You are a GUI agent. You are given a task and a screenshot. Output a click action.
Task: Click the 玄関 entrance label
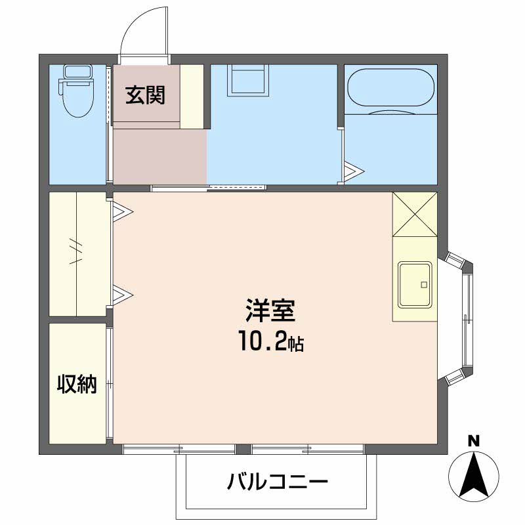pyautogui.click(x=145, y=95)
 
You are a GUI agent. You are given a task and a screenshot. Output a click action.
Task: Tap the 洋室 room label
pyautogui.click(x=270, y=310)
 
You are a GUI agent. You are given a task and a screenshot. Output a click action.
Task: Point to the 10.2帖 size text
pyautogui.click(x=271, y=341)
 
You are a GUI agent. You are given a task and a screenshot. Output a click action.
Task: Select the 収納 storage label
pyautogui.click(x=77, y=384)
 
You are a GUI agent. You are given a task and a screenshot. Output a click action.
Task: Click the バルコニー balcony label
pyautogui.click(x=277, y=482)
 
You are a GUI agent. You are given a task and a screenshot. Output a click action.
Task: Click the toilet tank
pyautogui.click(x=77, y=72)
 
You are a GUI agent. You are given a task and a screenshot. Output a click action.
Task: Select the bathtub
pyautogui.click(x=391, y=88)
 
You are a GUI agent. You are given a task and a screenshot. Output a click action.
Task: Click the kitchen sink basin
pyautogui.click(x=415, y=284)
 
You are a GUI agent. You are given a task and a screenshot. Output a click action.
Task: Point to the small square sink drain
pyautogui.click(x=424, y=285)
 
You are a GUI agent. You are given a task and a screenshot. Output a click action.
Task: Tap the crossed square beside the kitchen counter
pyautogui.click(x=415, y=215)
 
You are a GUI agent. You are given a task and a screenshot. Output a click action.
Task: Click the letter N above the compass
pyautogui.click(x=473, y=441)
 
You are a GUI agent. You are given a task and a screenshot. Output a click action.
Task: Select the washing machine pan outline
pyautogui.click(x=248, y=80)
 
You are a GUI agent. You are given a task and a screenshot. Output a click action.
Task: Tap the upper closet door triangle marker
pyautogui.click(x=123, y=211)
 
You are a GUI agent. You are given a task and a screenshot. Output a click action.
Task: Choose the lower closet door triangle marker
pyautogui.click(x=123, y=295)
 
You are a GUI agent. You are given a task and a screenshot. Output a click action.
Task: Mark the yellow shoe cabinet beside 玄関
pyautogui.click(x=192, y=96)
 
